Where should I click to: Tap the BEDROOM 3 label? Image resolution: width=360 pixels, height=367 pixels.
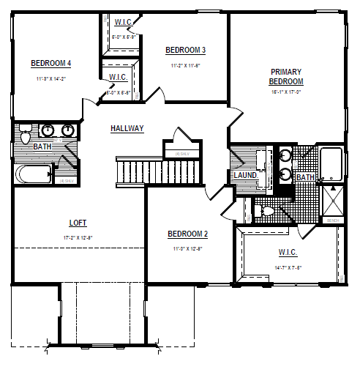click(x=185, y=50)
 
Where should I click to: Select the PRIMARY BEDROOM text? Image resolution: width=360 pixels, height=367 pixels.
click(x=286, y=76)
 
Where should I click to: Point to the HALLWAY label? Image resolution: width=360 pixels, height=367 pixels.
click(x=127, y=128)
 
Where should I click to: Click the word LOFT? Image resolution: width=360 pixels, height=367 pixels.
click(x=79, y=223)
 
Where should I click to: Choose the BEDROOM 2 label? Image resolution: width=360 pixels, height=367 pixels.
click(x=188, y=234)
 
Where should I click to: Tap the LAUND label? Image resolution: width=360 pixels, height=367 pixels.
click(x=244, y=176)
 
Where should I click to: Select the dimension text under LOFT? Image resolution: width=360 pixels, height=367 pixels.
click(x=79, y=238)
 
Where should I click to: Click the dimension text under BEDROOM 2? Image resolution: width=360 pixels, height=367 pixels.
click(x=188, y=249)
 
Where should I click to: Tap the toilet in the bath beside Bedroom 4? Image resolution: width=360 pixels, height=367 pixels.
click(x=26, y=136)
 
